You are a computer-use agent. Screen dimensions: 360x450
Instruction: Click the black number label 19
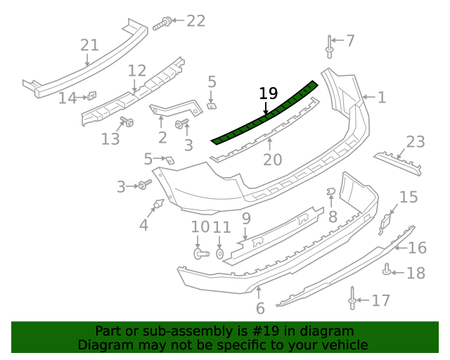[269, 94]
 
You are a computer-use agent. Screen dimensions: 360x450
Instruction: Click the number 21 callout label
[89, 46]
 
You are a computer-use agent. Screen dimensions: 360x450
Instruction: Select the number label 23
[415, 142]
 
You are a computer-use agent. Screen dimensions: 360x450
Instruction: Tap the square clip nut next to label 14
[91, 96]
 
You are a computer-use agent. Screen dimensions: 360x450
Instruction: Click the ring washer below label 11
[220, 252]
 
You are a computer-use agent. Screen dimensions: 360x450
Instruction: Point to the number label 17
[380, 301]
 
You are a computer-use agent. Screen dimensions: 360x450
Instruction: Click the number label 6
[259, 308]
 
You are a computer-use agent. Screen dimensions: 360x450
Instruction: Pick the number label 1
[381, 97]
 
